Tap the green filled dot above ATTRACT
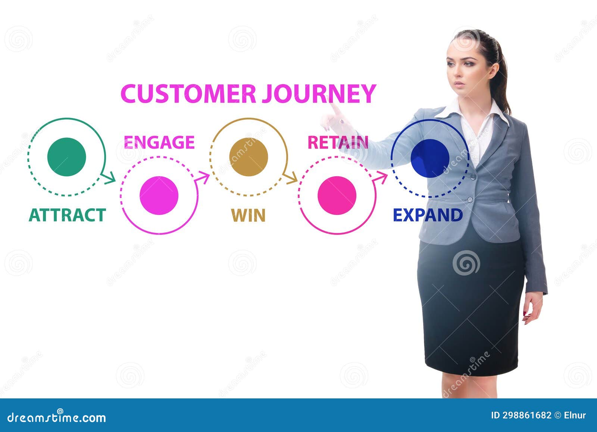pos(67,157)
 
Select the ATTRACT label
pos(68,215)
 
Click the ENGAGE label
pos(159,142)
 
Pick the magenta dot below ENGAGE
pos(159,195)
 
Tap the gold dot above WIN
pos(249,157)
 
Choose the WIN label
pos(248,215)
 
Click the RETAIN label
pos(338,142)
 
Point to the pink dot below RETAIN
pos(337,195)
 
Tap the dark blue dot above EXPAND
pos(429,158)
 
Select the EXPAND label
pos(428,215)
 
